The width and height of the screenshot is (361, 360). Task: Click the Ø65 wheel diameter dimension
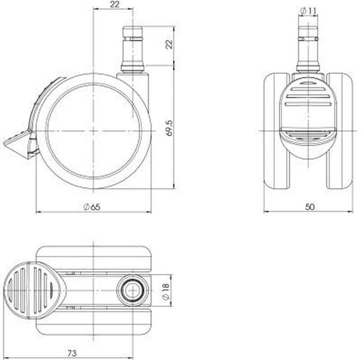coord(93,206)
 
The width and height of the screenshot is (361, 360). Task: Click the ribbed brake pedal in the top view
coord(30,290)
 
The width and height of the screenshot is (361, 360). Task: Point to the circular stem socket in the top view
coord(132,289)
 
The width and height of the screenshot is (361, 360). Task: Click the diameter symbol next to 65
coord(86,206)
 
